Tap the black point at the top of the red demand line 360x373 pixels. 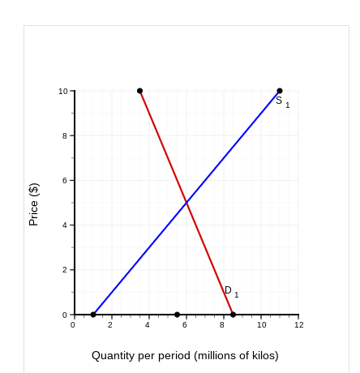pos(139,91)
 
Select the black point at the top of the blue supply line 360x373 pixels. pos(280,91)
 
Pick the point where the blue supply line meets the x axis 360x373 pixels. pos(93,315)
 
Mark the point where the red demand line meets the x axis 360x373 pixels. pos(234,315)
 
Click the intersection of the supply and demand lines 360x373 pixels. pos(186,202)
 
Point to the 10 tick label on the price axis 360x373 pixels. pos(63,92)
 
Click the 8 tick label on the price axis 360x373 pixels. pos(66,136)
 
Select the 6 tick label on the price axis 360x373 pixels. pos(66,181)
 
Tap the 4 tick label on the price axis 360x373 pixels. pos(66,225)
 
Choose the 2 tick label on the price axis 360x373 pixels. pos(66,270)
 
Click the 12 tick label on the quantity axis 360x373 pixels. pos(298,325)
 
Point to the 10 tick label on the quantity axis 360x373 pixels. pos(261,325)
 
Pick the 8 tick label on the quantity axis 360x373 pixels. pos(222,325)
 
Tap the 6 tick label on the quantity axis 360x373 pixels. pos(185,325)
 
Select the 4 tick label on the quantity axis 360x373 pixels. pos(148,325)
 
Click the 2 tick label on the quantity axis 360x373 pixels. pos(110,325)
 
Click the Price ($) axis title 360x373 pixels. pos(34,204)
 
